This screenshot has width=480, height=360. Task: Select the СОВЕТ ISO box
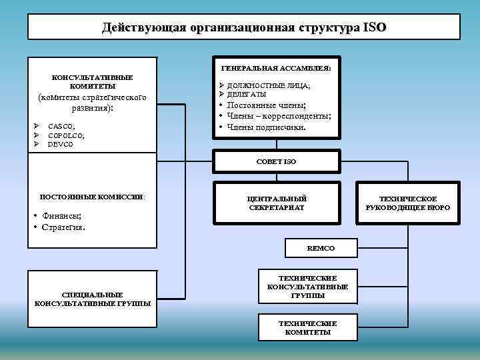point(276,161)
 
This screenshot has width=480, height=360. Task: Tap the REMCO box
point(321,248)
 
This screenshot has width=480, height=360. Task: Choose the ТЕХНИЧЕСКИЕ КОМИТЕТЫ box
point(307,328)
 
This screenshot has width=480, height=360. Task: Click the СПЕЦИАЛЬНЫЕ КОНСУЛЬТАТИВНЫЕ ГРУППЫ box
point(92,299)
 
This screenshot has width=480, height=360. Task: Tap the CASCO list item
point(61,126)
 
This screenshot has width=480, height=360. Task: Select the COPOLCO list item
point(66,135)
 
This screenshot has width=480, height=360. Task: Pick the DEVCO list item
point(60,144)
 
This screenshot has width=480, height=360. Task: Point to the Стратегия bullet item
point(63,227)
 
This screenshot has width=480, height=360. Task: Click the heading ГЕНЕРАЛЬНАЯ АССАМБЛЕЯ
point(276,68)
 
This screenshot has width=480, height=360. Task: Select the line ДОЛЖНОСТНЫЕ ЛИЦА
point(268,85)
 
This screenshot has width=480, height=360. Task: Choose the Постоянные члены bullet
point(266,105)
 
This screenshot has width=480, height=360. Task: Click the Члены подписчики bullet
point(266,127)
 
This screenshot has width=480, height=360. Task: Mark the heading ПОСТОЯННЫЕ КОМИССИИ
point(92,197)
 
